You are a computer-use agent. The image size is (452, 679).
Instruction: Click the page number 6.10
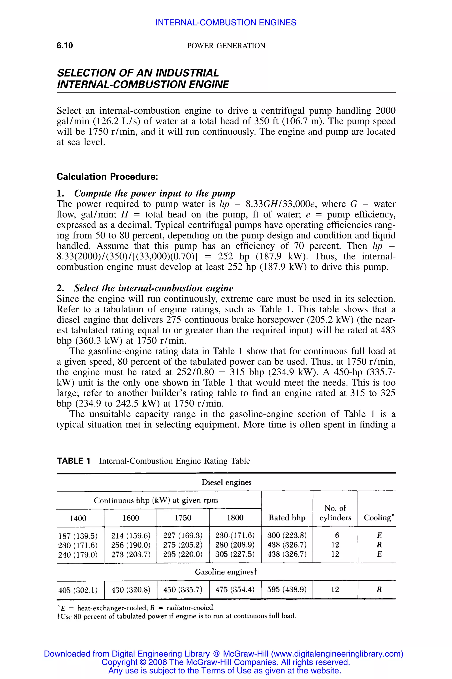point(65,45)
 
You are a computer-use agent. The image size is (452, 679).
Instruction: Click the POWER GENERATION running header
point(226,46)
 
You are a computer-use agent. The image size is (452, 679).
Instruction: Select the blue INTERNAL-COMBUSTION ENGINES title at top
point(226,23)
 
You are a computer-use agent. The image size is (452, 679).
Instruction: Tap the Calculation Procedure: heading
point(107,176)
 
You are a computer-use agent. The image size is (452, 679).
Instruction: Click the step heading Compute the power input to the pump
point(154,193)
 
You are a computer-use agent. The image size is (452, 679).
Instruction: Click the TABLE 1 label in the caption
point(74,461)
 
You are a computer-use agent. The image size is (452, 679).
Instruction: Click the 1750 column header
point(183,518)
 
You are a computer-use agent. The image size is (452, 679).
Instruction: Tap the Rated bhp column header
point(287,517)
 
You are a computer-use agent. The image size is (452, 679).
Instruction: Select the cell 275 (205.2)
point(183,545)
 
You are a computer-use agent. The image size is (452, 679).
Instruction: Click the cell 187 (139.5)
point(78,536)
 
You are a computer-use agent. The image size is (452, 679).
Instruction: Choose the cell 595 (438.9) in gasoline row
point(287,589)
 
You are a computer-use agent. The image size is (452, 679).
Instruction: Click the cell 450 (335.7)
point(183,589)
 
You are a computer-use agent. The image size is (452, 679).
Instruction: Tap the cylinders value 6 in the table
point(337,535)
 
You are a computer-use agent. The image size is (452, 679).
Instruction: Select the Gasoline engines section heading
point(226,572)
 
